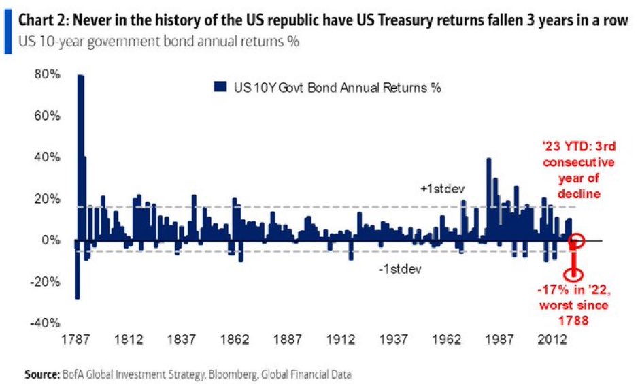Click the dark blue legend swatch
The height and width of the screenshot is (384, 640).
pos(220,87)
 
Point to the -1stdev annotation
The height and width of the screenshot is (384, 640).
pos(399,268)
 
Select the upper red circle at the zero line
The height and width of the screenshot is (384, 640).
pos(577,241)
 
